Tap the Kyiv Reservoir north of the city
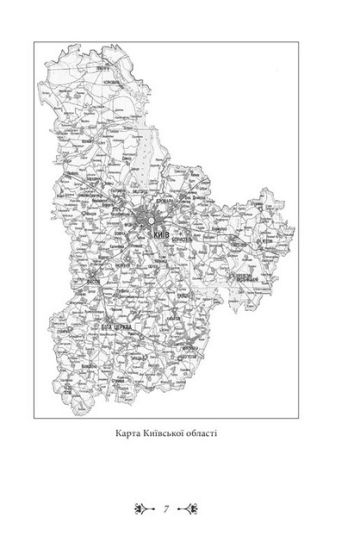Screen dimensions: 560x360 click(141, 160)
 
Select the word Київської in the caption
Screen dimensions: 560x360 click(175, 433)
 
